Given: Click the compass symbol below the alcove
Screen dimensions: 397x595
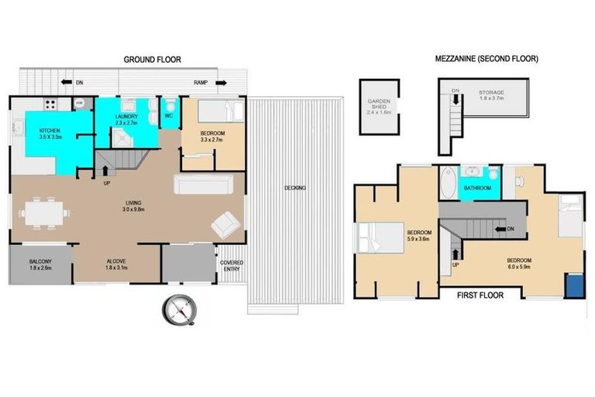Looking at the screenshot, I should click(183, 311).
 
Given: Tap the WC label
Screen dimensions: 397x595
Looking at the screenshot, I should click(169, 116).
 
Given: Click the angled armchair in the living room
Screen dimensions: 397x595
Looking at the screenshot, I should click(226, 224).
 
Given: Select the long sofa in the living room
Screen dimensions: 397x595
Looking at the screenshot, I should click(203, 185).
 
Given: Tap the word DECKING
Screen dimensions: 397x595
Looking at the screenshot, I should click(294, 188).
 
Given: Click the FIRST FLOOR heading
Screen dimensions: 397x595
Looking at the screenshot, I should click(480, 295).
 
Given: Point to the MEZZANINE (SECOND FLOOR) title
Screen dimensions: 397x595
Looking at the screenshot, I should click(486, 59).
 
